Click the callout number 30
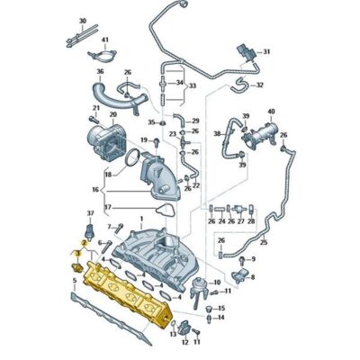click(82, 20)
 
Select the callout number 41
click(104, 40)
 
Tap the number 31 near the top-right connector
click(265, 52)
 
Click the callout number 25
click(264, 243)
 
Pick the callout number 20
click(112, 115)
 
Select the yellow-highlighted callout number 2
click(83, 243)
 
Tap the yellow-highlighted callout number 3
click(78, 255)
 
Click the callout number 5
click(74, 281)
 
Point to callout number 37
click(89, 213)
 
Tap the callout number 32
click(259, 85)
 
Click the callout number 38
click(216, 132)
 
